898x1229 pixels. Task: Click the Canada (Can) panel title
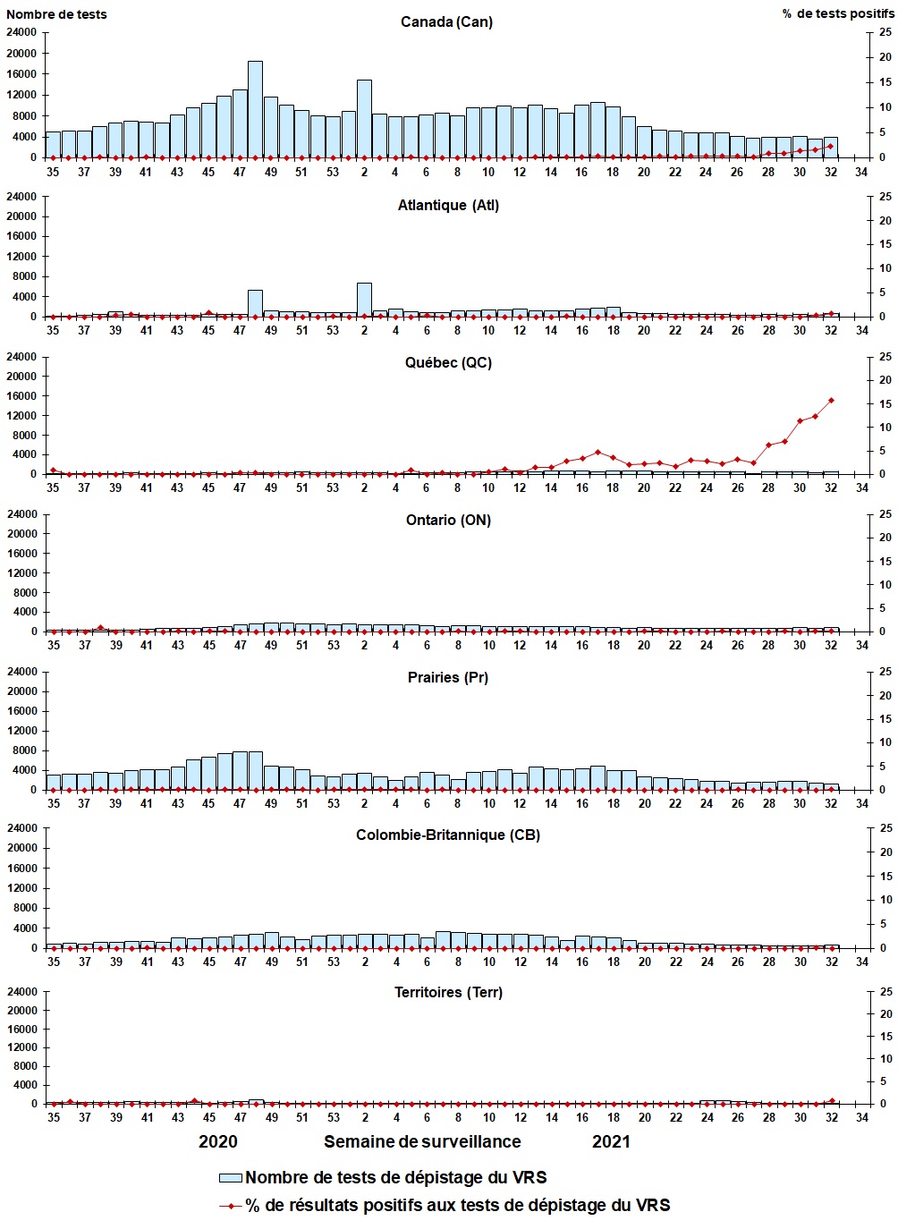coord(446,21)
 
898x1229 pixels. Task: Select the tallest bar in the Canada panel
coord(255,109)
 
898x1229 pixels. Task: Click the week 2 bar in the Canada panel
coord(364,118)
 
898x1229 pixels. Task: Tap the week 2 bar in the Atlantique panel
coord(364,300)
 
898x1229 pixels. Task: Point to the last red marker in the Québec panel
coord(831,400)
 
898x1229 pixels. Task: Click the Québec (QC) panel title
coord(448,362)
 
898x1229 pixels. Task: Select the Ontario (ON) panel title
coord(447,520)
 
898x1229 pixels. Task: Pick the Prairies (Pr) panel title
coord(448,677)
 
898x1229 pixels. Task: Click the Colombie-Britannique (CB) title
coord(447,835)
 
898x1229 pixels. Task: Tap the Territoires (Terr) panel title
coord(448,992)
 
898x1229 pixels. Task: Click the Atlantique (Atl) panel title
coord(448,205)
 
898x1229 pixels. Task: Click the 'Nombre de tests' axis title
coord(56,13)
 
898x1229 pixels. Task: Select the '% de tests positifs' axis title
coord(837,13)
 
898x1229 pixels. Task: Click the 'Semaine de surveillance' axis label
coord(422,1141)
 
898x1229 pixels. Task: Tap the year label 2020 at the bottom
coord(218,1141)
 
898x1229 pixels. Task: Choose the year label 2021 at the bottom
coord(611,1141)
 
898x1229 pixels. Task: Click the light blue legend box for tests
coord(231,1177)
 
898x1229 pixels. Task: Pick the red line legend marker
coord(231,1206)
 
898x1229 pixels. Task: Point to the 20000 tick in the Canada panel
coord(23,53)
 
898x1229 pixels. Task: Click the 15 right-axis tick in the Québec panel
coord(885,404)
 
